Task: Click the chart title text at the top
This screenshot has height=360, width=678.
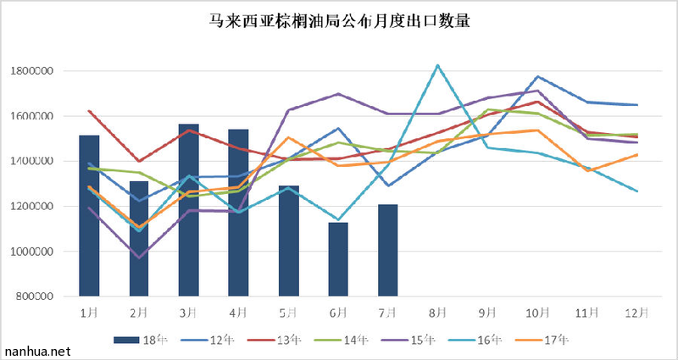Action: (339, 21)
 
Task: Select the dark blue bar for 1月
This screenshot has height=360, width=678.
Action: (89, 216)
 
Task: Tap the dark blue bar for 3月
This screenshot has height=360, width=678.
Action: (189, 212)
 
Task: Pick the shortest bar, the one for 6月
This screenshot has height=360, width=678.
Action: (338, 259)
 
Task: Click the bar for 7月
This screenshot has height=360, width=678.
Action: (387, 251)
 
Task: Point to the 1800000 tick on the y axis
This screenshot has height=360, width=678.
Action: (34, 71)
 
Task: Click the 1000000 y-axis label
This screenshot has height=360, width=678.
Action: (34, 252)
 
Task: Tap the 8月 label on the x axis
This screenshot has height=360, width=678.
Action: (437, 313)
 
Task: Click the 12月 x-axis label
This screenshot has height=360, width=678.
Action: (637, 313)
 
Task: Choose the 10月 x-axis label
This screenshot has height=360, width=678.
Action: (537, 313)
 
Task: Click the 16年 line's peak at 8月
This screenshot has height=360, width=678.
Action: (437, 65)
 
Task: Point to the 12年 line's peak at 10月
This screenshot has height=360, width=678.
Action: (537, 76)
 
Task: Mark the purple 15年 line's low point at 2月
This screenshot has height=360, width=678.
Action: (139, 258)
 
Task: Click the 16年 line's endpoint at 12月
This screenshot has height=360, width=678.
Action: (637, 191)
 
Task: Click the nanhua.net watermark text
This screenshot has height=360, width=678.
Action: (36, 350)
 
